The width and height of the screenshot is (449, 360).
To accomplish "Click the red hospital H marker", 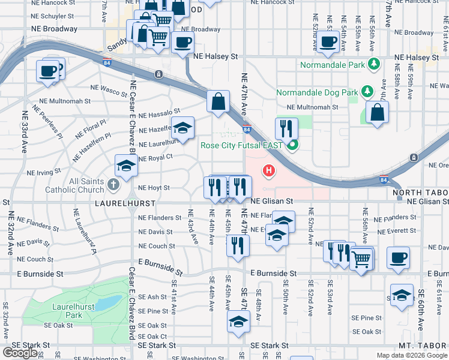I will tap(269, 172).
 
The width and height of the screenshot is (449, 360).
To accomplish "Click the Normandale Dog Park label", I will tap(316, 92).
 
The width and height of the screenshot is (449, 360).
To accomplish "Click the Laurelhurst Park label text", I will tap(66, 311).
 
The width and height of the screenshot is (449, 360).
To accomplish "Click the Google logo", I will tap(20, 353).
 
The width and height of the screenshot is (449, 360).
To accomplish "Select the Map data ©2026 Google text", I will tap(411, 355).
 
